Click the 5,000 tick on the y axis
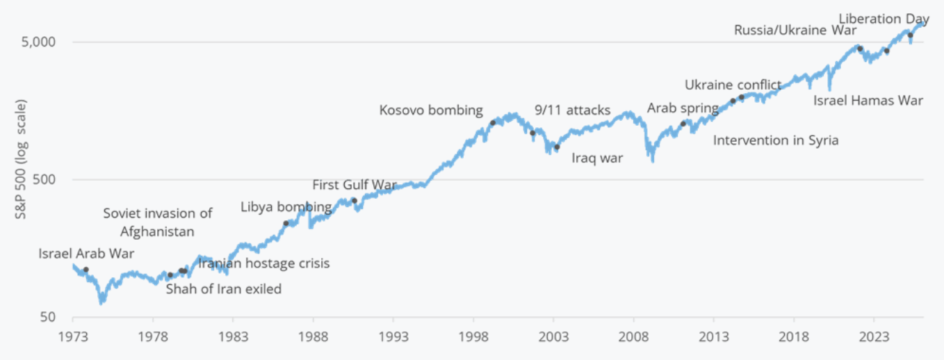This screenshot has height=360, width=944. point(40,42)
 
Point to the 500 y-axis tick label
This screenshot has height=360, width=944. point(47,179)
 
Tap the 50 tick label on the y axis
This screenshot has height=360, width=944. point(50,317)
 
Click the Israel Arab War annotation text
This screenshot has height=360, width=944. point(86,254)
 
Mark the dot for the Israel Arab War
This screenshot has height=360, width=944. point(86,270)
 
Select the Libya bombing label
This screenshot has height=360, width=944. point(286,207)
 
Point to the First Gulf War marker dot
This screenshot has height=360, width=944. point(354,201)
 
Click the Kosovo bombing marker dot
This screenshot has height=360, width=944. point(493,122)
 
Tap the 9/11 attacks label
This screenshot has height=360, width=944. point(572,110)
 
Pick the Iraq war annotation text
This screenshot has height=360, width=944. point(597,158)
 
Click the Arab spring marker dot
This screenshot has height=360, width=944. point(683,124)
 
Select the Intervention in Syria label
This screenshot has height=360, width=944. point(776,140)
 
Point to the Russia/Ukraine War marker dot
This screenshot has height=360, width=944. point(860,49)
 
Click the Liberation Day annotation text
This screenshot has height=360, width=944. point(884,19)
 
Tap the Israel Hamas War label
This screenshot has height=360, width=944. point(868,101)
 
